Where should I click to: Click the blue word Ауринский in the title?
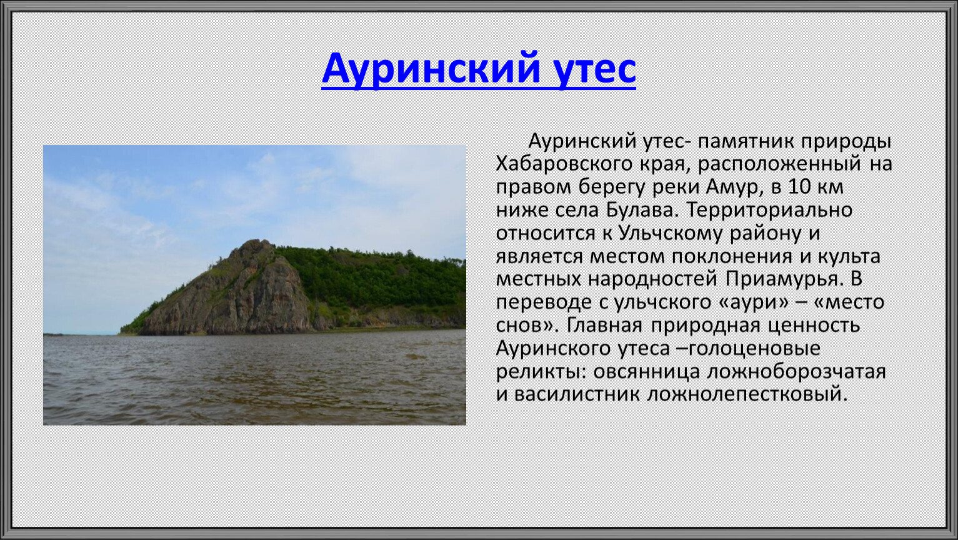click(x=431, y=69)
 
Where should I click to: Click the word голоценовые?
click(x=754, y=348)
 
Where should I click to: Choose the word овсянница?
click(x=646, y=372)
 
